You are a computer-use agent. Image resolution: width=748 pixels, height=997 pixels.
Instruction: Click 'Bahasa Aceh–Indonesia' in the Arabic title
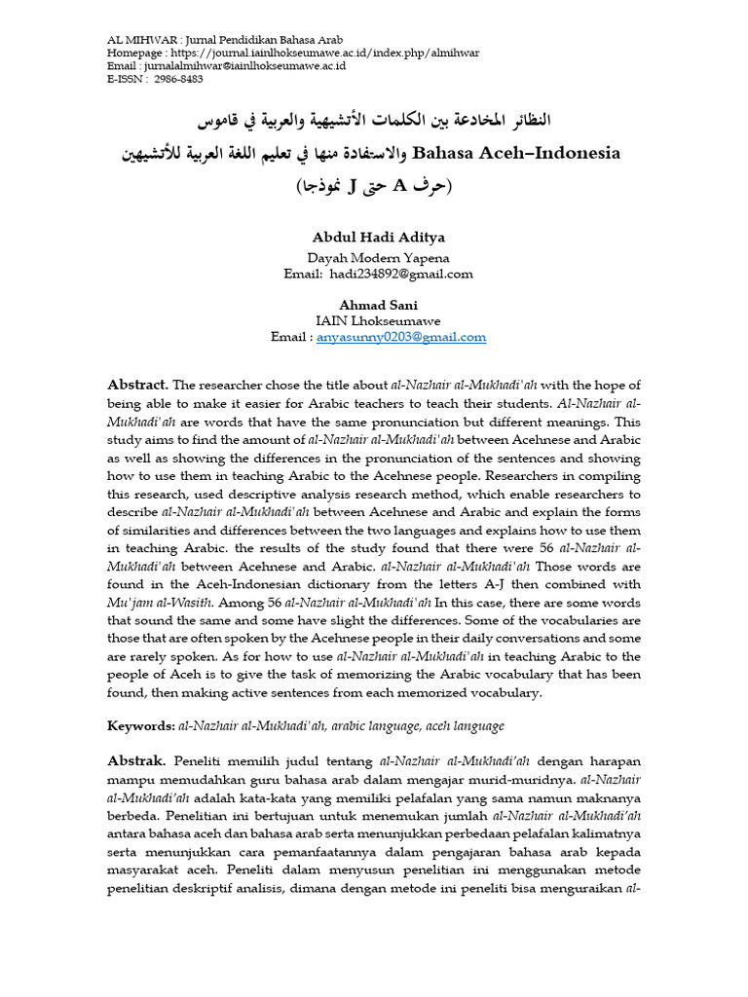click(516, 153)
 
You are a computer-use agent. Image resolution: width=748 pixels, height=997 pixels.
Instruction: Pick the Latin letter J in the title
click(376, 185)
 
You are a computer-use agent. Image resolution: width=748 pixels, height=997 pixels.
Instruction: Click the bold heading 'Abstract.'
click(138, 385)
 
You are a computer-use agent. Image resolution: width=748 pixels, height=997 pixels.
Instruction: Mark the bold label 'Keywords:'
click(140, 726)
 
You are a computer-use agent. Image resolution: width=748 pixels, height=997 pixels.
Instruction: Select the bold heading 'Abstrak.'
click(136, 759)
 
